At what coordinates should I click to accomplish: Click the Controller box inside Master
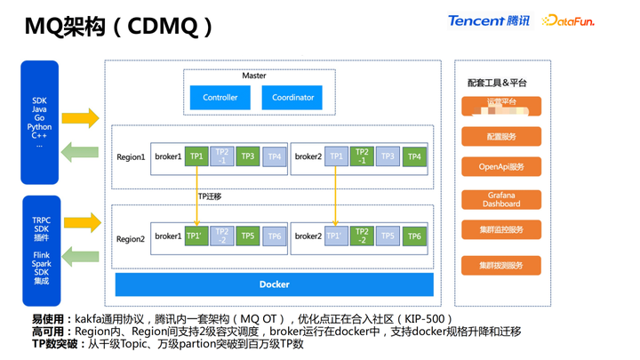click(x=220, y=97)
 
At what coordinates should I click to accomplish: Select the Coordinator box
click(x=292, y=97)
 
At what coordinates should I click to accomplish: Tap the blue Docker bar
click(x=274, y=284)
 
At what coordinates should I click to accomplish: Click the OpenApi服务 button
click(x=501, y=166)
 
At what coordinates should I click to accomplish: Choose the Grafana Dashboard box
click(x=501, y=199)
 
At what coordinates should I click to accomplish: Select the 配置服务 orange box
click(x=501, y=137)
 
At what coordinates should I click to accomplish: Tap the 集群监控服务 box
click(x=501, y=229)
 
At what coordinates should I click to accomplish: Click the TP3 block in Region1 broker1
click(x=248, y=156)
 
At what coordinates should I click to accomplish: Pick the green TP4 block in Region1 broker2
click(x=413, y=156)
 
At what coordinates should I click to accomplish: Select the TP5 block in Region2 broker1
click(x=248, y=236)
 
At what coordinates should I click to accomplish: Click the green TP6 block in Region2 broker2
click(x=413, y=236)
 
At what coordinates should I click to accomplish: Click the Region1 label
click(x=131, y=157)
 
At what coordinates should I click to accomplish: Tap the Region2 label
click(x=131, y=238)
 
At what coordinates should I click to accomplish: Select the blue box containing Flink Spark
click(x=41, y=250)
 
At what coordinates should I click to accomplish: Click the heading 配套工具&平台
click(x=497, y=83)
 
